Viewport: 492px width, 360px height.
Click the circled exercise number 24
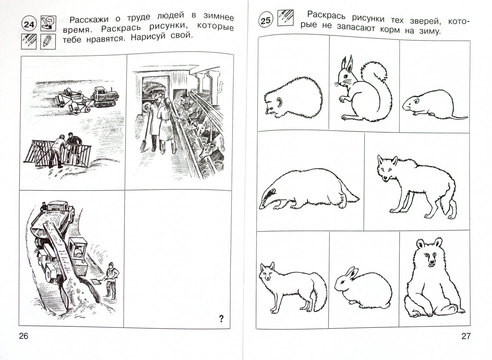[x=29, y=24]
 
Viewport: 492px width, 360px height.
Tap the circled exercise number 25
[x=265, y=20]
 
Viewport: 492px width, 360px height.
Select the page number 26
[x=24, y=336]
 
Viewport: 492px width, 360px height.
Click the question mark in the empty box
[x=221, y=318]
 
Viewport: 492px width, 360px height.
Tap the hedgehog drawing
[x=293, y=98]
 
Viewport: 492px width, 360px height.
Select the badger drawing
[x=308, y=189]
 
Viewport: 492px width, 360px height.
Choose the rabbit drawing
[x=363, y=288]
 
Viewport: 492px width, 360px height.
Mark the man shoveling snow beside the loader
[x=111, y=281]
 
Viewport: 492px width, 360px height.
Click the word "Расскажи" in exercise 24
[x=89, y=19]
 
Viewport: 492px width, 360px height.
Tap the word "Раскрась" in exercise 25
[x=326, y=15]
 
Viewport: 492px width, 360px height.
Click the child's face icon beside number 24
[x=49, y=23]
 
